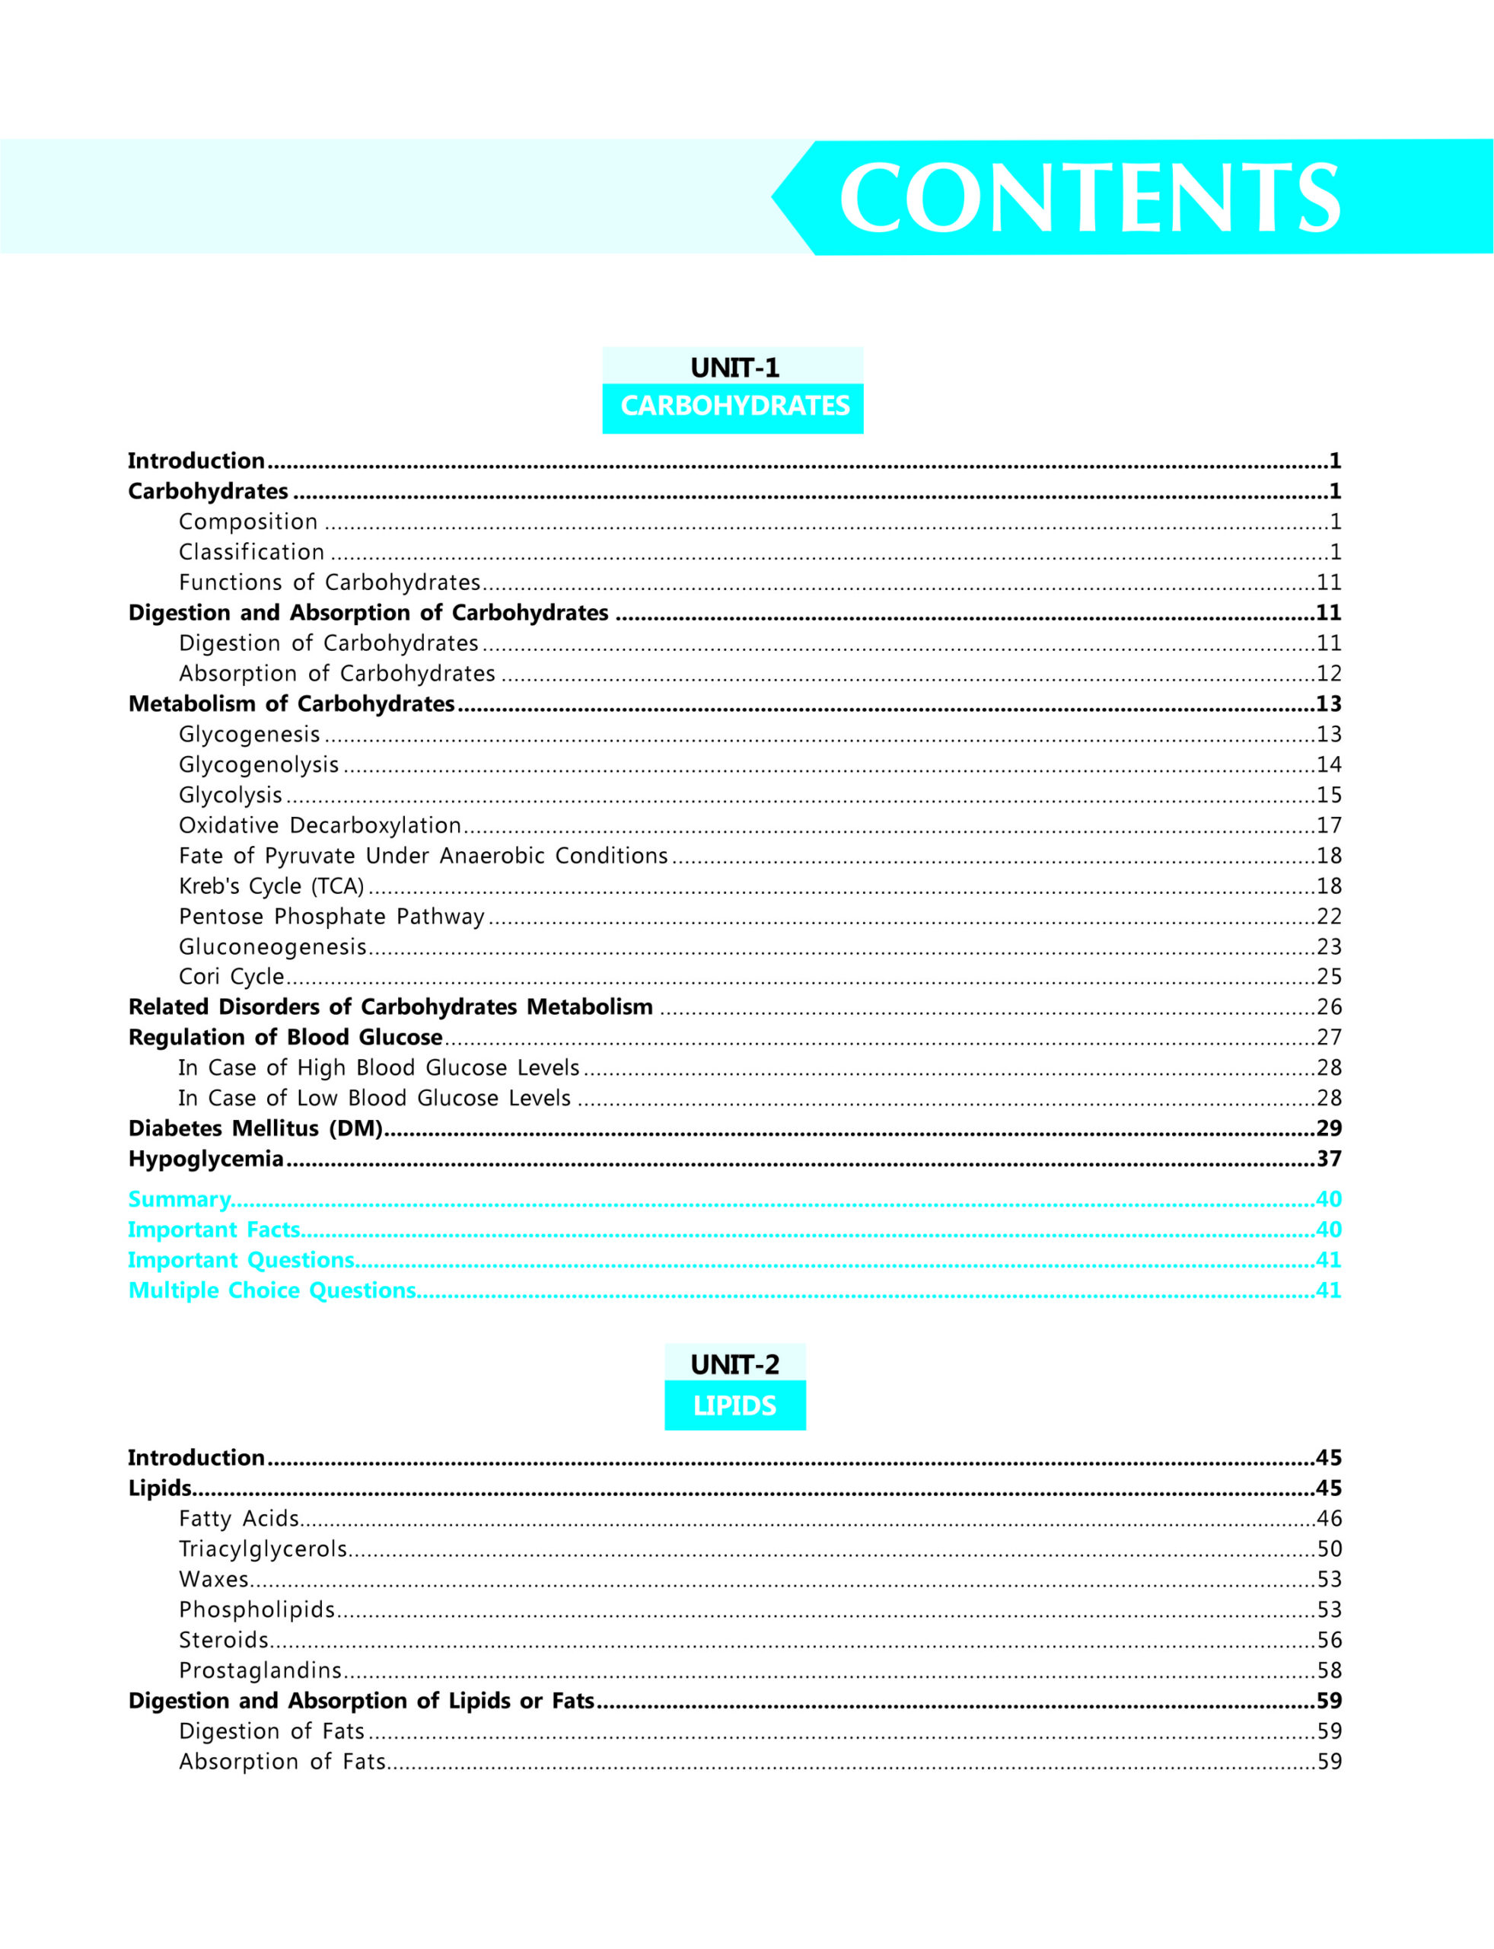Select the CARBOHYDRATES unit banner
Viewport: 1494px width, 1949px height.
click(734, 407)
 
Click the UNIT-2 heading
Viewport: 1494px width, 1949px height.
click(734, 1364)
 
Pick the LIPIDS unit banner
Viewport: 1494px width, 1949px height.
click(734, 1405)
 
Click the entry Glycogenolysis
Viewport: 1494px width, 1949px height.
click(259, 764)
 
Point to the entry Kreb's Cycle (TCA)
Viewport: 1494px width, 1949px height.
click(271, 886)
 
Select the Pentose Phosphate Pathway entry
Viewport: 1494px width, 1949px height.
click(332, 916)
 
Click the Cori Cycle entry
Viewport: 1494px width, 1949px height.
click(231, 977)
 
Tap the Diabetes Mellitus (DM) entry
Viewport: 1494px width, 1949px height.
click(255, 1128)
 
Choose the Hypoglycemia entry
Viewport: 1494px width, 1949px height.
click(205, 1158)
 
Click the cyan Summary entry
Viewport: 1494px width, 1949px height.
click(179, 1199)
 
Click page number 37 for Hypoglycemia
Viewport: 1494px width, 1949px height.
click(1329, 1158)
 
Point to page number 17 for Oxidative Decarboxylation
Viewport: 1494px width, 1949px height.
click(1329, 825)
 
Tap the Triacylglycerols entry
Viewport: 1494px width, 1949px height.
click(263, 1549)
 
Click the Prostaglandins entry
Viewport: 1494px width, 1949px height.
click(260, 1670)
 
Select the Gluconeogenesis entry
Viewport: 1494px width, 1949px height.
click(272, 946)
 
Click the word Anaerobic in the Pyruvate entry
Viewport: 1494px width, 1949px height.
click(491, 856)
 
